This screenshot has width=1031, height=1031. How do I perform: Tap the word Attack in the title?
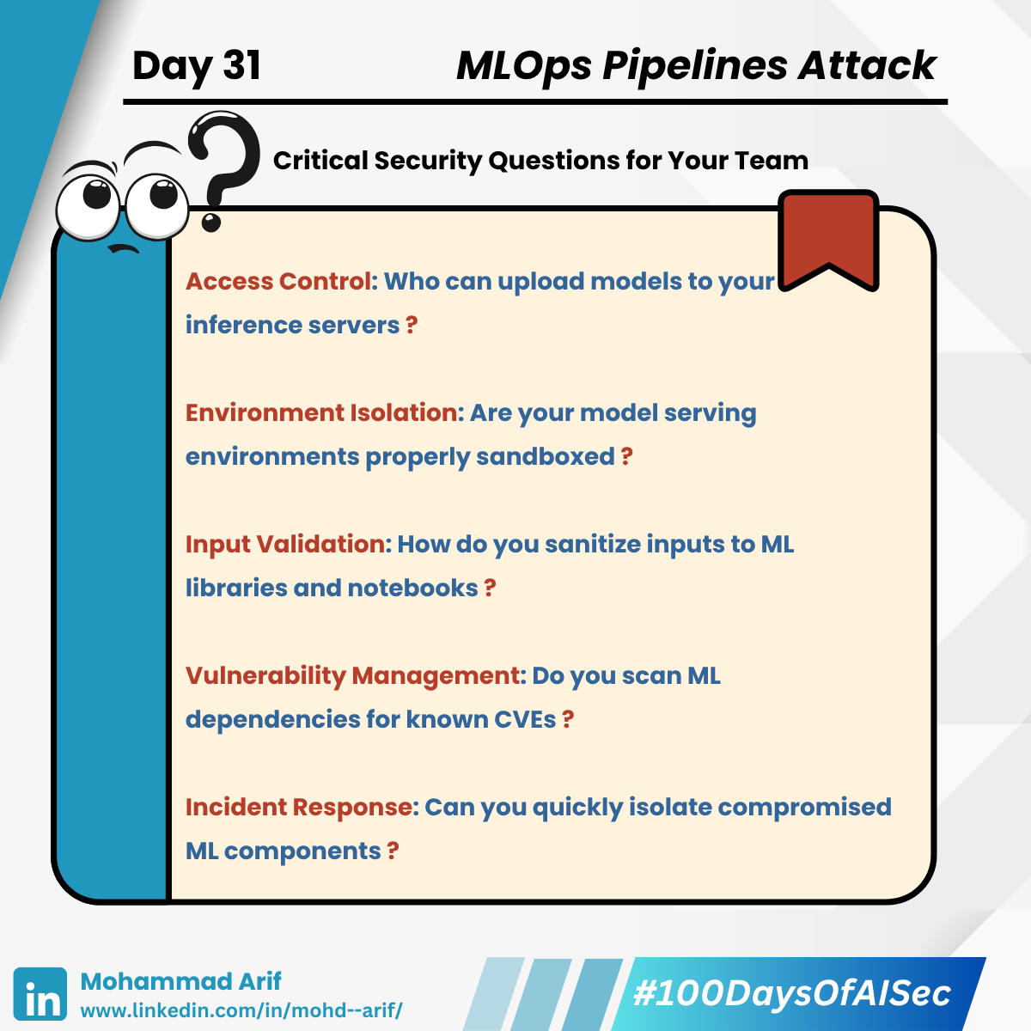867,65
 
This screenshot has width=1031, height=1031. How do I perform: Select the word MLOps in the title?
524,66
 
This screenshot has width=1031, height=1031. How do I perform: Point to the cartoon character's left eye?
88,201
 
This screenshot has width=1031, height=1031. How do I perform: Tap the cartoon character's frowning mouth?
123,248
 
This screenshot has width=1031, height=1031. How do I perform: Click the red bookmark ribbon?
828,241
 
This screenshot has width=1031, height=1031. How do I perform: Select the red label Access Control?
278,281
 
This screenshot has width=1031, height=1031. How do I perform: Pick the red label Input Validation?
285,544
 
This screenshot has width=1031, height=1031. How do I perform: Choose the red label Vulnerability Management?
352,676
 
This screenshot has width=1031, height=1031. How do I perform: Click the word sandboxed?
546,456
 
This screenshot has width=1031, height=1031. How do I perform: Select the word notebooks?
412,588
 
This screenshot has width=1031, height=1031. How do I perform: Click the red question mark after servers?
412,325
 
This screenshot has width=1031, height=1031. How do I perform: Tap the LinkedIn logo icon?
40,993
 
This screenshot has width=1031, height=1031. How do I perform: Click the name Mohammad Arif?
180,981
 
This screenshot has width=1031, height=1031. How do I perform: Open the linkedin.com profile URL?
241,1010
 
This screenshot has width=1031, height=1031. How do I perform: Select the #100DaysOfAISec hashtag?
792,993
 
